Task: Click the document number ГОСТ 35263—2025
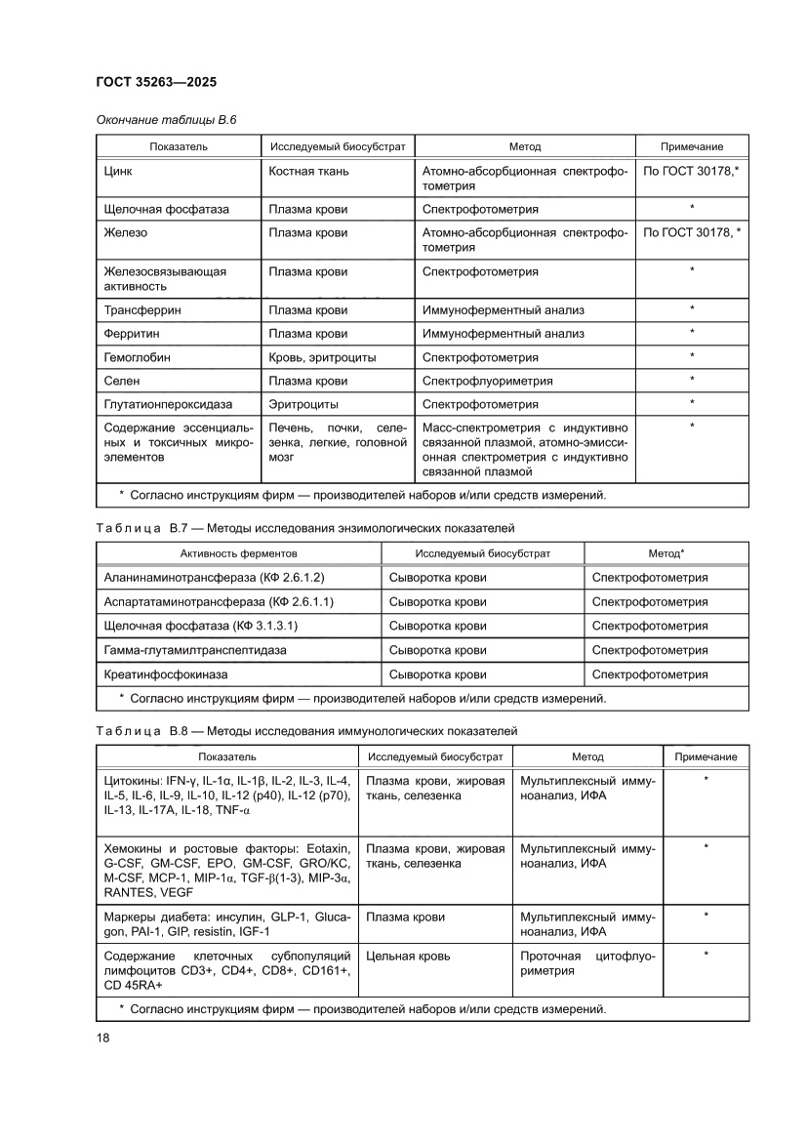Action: (161, 82)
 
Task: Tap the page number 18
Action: (103, 1037)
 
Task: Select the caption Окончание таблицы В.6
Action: (166, 120)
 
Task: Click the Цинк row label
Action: (118, 171)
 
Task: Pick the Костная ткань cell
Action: (308, 171)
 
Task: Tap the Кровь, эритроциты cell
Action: (322, 357)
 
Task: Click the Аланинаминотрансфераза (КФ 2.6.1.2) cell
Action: (214, 578)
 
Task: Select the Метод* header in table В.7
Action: (666, 553)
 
